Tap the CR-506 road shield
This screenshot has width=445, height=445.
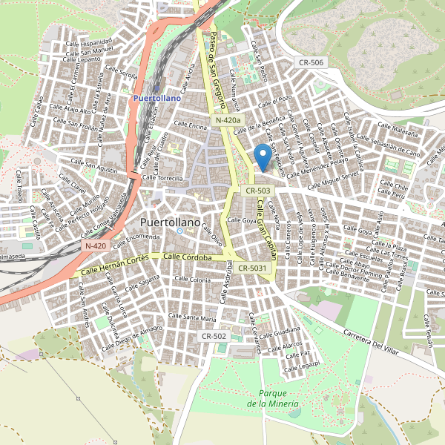308,62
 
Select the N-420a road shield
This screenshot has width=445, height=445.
228,120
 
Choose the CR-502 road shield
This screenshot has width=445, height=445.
214,336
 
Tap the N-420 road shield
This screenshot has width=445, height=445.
96,245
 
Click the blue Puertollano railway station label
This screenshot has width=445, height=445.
156,97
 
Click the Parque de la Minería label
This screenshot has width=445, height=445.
274,398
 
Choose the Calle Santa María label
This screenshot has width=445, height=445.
192,317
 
